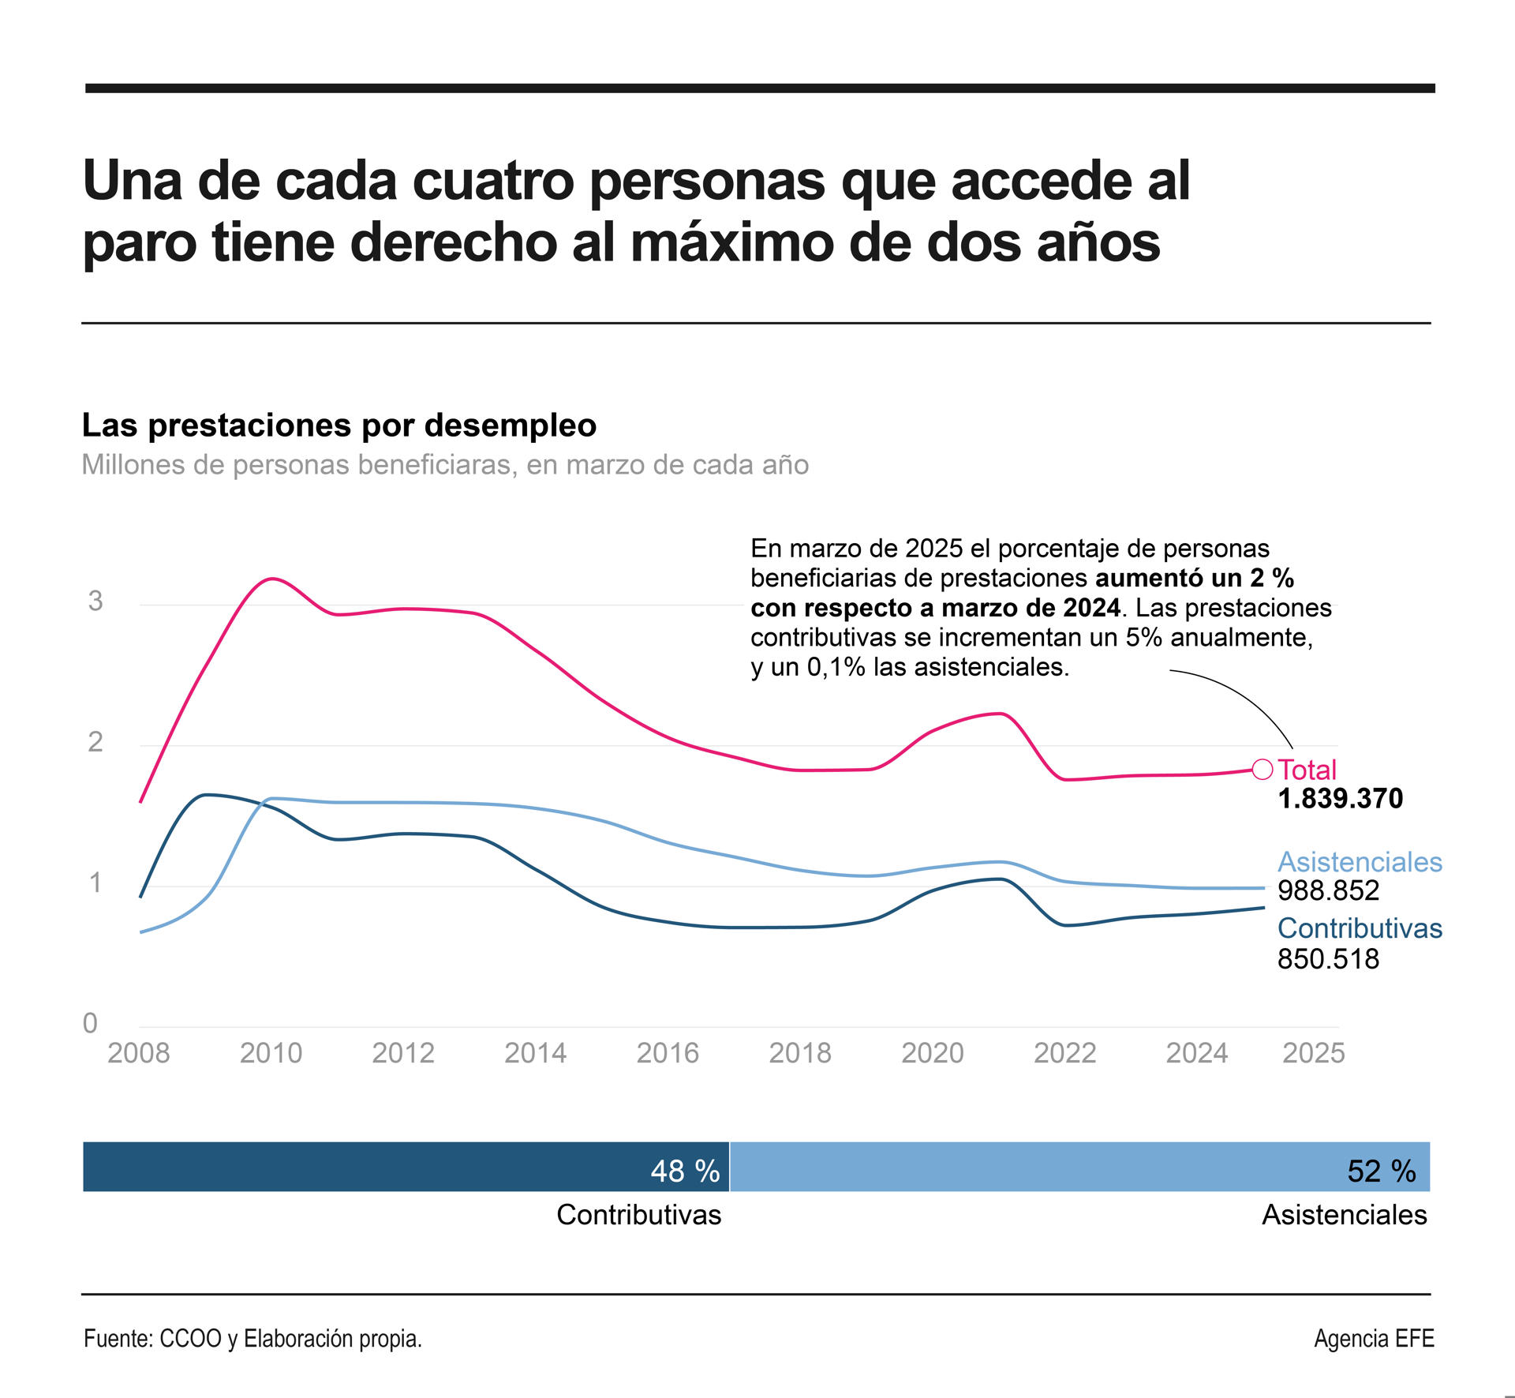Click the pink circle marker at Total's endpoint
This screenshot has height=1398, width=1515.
pos(1262,769)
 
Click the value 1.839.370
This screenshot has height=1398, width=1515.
pos(1340,798)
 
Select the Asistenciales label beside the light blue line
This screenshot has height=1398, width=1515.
pos(1359,861)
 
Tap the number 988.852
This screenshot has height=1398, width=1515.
pos(1328,890)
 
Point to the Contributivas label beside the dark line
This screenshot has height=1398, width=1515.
pos(1359,928)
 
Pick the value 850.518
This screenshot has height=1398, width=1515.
pos(1328,959)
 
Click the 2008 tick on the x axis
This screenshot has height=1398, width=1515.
pos(139,1052)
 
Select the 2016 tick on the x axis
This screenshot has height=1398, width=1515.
pos(668,1052)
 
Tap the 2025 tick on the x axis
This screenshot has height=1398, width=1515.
pos(1313,1052)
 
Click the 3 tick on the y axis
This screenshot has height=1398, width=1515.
pos(95,601)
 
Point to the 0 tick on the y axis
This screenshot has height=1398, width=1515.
pos(90,1023)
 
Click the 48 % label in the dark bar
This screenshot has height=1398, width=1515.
pos(684,1171)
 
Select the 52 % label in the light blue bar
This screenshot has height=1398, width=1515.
pos(1381,1171)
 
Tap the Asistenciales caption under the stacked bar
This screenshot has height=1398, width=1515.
pos(1344,1214)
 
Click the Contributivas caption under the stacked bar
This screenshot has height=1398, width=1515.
pos(638,1214)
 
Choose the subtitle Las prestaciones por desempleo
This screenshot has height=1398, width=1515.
pos(339,425)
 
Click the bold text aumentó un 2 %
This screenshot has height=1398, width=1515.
pos(1194,578)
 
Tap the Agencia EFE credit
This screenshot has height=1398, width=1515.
pos(1373,1339)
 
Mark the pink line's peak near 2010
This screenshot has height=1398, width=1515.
pos(271,579)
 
